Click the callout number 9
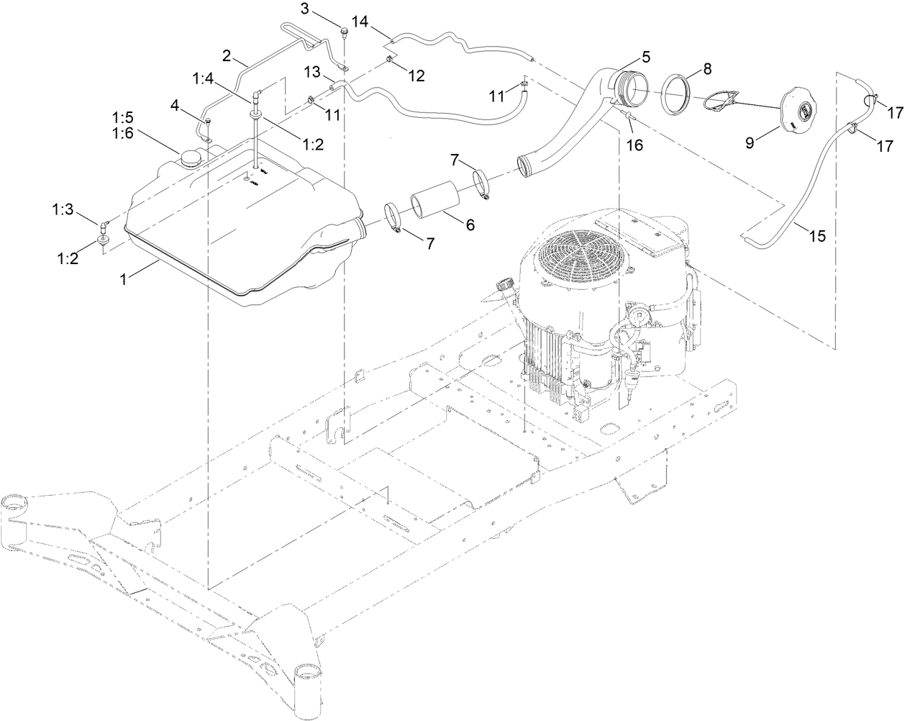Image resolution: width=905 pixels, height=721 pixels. coord(750,142)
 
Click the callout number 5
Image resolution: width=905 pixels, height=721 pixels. coord(645,55)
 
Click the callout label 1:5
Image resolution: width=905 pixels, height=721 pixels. coord(122,116)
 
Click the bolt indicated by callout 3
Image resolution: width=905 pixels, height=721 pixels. coord(345,31)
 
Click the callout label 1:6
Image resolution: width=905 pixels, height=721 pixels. coord(122,131)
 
